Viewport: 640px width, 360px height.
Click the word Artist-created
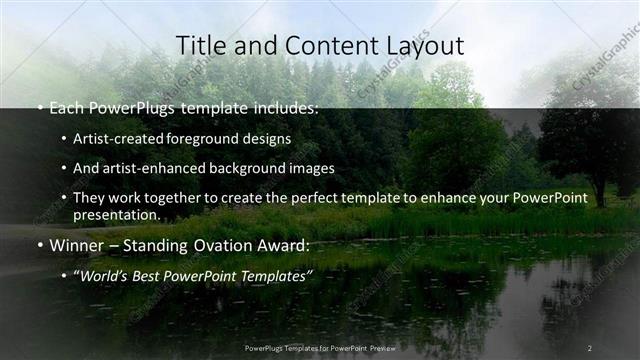[x=122, y=138]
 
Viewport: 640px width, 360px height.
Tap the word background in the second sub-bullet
[x=248, y=168]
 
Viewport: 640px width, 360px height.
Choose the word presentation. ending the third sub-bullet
[x=117, y=214]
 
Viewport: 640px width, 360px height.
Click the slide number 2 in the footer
[x=589, y=347]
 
